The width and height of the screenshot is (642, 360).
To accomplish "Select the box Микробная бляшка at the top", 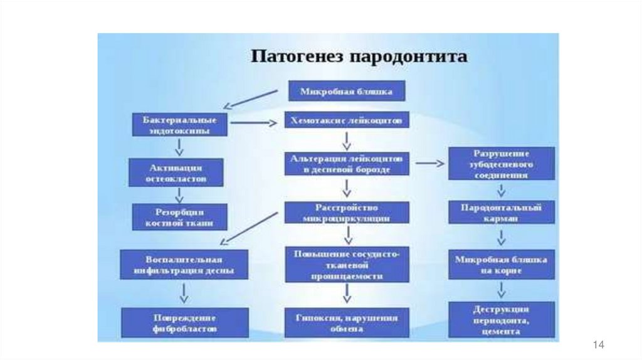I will [x=346, y=92].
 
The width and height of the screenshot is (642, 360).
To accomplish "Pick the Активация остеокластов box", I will [x=176, y=172].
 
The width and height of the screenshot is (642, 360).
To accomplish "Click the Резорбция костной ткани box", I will [x=179, y=216].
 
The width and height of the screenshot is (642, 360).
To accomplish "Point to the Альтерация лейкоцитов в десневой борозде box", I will [x=347, y=163].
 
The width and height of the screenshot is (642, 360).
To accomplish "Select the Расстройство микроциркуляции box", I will [x=347, y=213].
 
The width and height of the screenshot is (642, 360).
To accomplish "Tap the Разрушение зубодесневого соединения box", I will [x=501, y=164].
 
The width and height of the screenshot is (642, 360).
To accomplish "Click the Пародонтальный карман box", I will [x=501, y=212].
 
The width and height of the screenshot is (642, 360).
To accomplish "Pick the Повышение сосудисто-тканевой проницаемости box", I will [x=347, y=263].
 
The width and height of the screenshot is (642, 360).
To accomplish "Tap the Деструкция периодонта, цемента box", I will [x=501, y=320].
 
